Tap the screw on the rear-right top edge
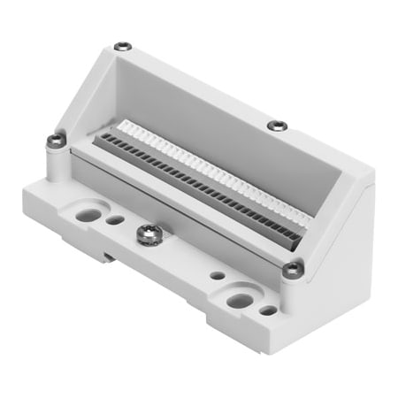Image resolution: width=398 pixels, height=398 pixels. click(276, 125)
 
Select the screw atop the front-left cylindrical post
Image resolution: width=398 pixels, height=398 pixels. click(57, 139)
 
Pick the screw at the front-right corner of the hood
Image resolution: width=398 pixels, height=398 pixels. click(292, 269)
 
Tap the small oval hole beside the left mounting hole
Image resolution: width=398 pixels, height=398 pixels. click(116, 219)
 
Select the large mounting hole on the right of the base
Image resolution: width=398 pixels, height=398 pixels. click(238, 300)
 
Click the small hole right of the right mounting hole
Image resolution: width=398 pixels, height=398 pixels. click(267, 310)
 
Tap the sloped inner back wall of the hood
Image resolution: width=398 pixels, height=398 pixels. click(203, 115)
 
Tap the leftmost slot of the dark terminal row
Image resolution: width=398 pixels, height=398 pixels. click(103, 139)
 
